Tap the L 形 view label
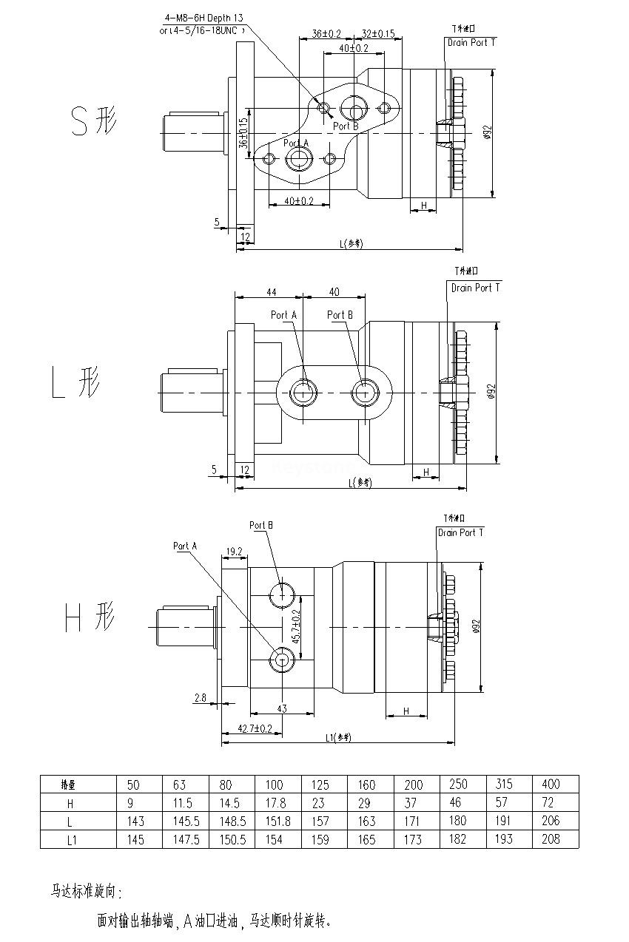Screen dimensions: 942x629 coord(76,382)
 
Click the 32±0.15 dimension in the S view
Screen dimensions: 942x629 coord(377,34)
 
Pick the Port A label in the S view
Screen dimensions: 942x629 coord(295,143)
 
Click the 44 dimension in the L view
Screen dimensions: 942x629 coord(271,291)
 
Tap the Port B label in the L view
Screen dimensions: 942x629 coord(340,315)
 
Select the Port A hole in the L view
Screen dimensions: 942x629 coord(301,391)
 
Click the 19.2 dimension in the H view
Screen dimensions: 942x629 coord(235,551)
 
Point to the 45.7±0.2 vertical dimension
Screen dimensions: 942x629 coord(296,626)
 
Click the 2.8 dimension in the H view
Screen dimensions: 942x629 coord(201,697)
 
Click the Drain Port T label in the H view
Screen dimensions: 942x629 coord(460,532)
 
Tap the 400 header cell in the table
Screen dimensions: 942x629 coord(551,784)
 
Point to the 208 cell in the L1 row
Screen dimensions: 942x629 coord(551,839)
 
